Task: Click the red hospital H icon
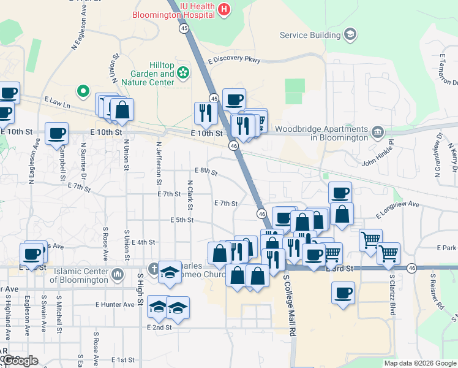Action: tap(225, 9)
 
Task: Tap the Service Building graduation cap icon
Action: tap(351, 34)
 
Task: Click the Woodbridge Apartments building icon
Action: tap(378, 130)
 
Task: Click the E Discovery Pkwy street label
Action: tap(234, 60)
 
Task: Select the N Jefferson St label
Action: tap(158, 163)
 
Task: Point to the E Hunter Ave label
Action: tap(114, 304)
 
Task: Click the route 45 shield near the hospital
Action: tap(184, 28)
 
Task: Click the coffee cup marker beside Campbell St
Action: tap(56, 133)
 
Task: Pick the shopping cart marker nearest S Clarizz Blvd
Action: tap(388, 253)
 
